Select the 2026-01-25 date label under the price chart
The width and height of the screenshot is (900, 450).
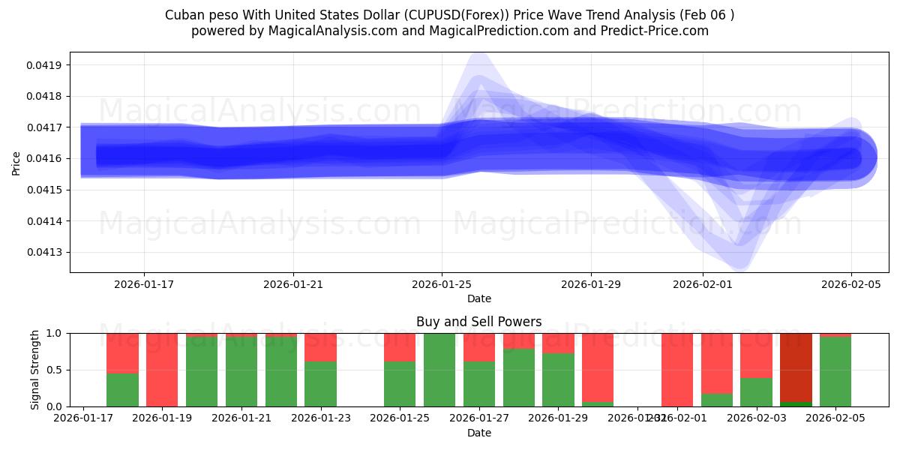click(x=442, y=284)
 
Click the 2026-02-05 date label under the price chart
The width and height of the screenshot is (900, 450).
click(x=850, y=284)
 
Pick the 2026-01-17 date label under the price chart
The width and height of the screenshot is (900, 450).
click(x=144, y=284)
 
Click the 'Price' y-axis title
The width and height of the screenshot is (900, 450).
click(x=16, y=163)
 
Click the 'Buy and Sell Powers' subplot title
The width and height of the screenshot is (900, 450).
click(x=478, y=322)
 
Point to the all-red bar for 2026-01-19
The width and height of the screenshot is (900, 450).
click(x=162, y=370)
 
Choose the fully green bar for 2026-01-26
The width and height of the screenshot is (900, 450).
click(x=439, y=370)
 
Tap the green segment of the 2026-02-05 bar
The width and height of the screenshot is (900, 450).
click(x=835, y=372)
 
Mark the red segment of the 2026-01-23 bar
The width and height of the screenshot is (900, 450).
click(x=320, y=346)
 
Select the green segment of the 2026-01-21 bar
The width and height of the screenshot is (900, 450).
click(x=241, y=372)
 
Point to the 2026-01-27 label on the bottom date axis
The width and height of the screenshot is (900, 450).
click(x=480, y=418)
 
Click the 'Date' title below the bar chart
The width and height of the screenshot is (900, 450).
click(x=478, y=433)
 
